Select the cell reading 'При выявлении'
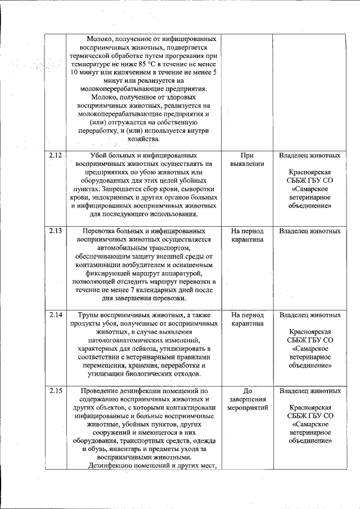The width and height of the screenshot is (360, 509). tap(247, 160)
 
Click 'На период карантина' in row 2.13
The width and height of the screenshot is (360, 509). tap(247, 236)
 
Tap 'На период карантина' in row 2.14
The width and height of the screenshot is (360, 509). tap(247, 319)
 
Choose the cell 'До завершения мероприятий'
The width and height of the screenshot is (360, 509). tap(247, 399)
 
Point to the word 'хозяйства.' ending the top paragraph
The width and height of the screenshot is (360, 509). tap(143, 139)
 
